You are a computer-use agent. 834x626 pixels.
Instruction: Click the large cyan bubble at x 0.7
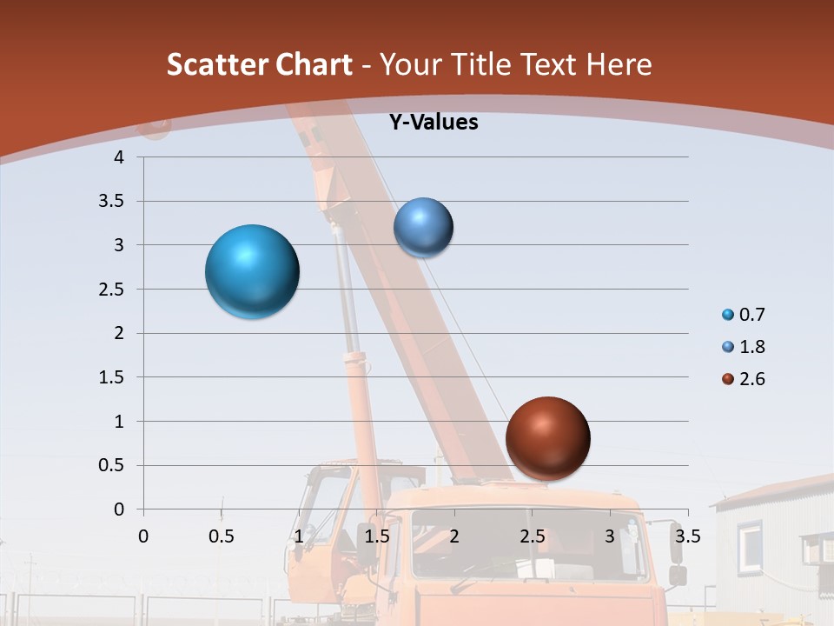coord(252,271)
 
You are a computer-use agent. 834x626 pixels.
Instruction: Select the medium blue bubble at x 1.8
coord(423,228)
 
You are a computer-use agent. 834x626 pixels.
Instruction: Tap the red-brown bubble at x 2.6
coord(547,438)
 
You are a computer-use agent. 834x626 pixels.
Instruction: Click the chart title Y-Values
coord(434,123)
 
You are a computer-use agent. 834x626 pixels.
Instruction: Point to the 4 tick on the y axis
coord(119,157)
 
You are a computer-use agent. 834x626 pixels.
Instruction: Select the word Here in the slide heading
coord(619,64)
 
